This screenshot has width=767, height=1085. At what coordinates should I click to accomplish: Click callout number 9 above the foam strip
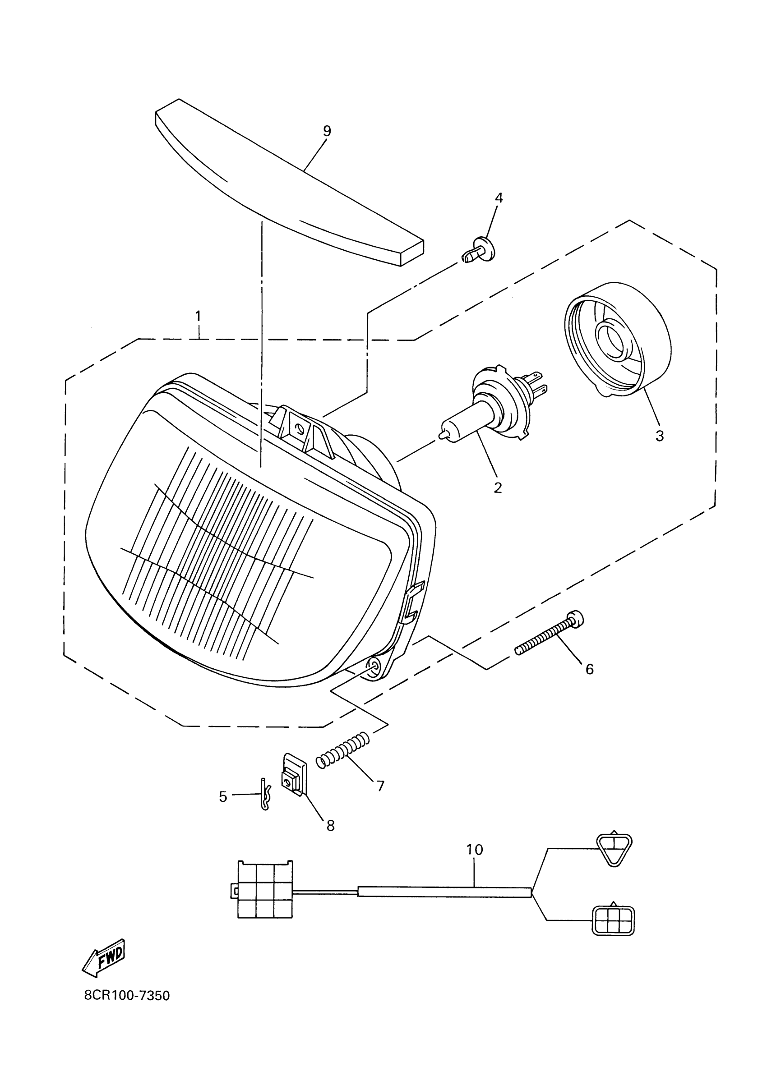(327, 131)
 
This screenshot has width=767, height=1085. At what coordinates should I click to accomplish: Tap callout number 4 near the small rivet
(499, 198)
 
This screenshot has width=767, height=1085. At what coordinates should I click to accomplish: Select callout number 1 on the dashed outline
(198, 316)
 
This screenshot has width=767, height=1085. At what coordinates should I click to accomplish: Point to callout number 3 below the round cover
(659, 436)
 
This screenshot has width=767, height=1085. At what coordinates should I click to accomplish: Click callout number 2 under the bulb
(498, 487)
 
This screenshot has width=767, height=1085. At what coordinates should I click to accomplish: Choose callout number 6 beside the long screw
(589, 669)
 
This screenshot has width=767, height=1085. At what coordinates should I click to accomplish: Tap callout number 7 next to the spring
(380, 786)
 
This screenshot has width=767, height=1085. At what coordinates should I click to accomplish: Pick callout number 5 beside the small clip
(223, 797)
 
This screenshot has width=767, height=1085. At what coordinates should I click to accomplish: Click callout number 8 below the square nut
(330, 826)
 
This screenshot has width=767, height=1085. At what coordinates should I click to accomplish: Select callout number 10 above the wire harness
(474, 850)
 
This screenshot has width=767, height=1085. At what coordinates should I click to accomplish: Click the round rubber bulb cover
(618, 339)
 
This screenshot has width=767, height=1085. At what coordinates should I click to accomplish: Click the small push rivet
(479, 251)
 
